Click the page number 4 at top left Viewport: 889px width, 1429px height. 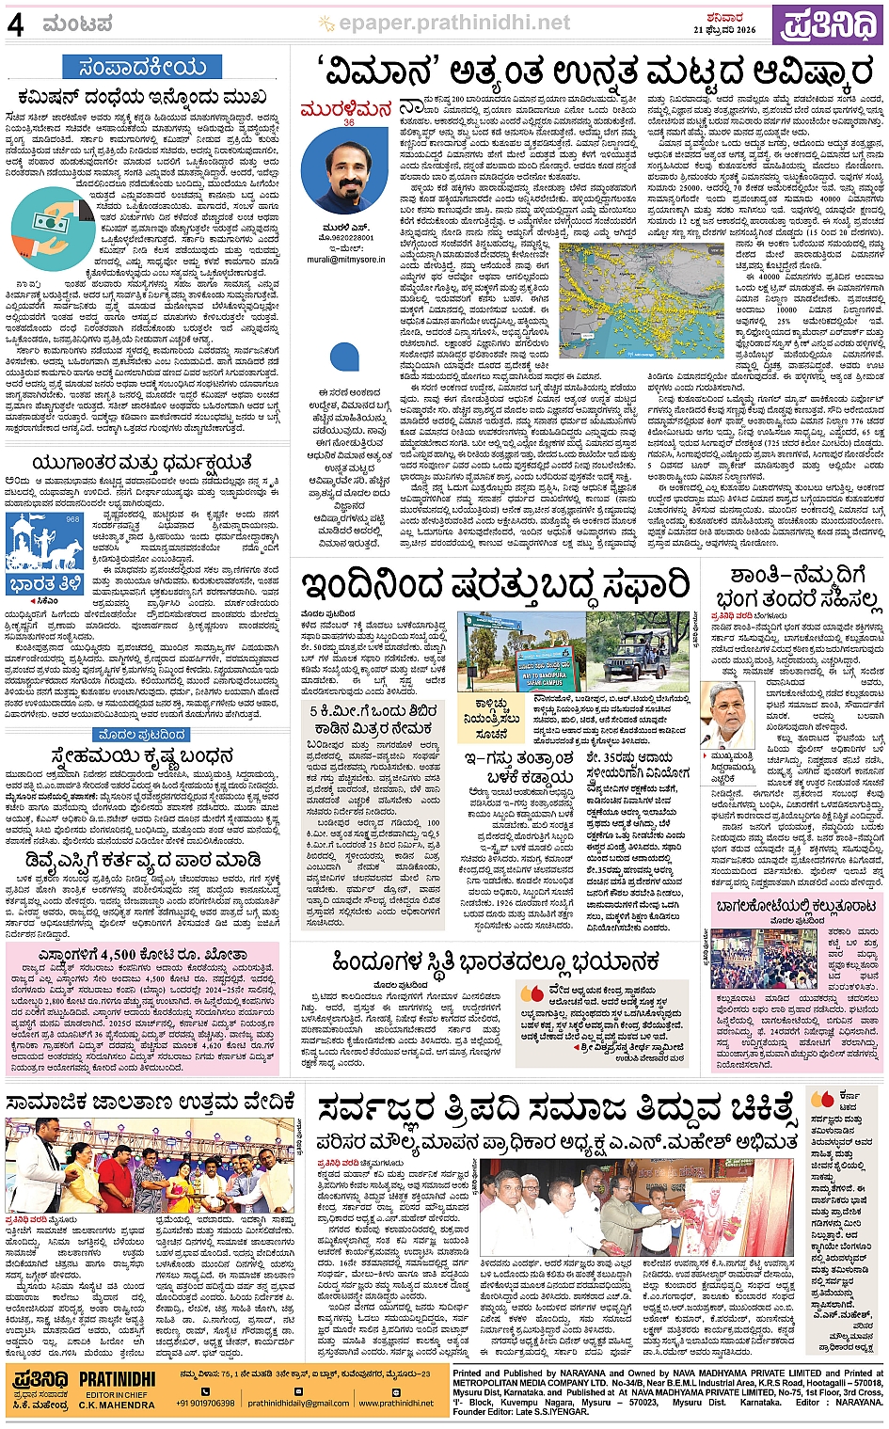click(x=15, y=24)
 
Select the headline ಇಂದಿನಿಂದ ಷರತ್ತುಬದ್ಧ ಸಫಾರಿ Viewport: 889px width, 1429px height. click(x=496, y=585)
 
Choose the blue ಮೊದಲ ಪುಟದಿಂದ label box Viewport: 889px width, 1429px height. click(x=141, y=734)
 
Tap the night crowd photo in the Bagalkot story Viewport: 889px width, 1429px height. click(x=764, y=958)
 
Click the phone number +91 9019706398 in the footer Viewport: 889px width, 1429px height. click(x=204, y=1403)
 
